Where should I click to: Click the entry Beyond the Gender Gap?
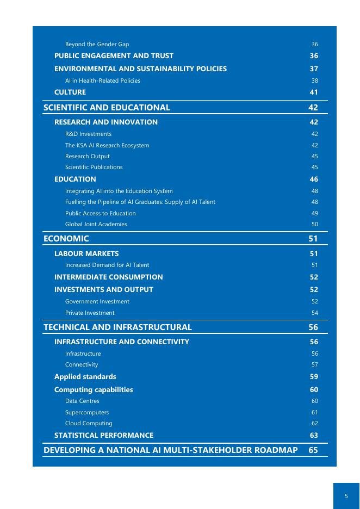(x=97, y=44)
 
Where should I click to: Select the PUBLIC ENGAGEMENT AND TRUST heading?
(x=114, y=56)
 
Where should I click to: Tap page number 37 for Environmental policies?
(x=314, y=69)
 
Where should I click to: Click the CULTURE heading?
(x=70, y=92)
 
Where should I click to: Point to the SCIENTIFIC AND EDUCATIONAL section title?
(x=107, y=108)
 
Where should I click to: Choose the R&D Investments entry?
(x=88, y=134)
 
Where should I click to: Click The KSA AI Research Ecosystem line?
(x=107, y=146)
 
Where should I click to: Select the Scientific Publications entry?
(x=94, y=167)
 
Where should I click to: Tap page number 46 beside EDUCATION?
(x=314, y=179)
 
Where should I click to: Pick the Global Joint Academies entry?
(x=96, y=225)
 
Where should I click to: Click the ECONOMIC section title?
(x=66, y=239)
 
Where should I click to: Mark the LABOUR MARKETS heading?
(x=86, y=254)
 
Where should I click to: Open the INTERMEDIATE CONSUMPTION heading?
(x=108, y=277)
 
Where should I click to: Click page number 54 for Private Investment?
(x=314, y=313)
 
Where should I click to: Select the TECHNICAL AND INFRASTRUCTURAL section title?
(x=117, y=327)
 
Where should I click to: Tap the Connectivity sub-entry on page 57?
(x=82, y=365)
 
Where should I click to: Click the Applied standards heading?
(x=85, y=377)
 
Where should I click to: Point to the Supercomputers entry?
(x=87, y=413)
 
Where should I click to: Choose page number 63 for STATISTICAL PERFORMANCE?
(x=314, y=436)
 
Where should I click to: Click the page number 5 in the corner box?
(x=346, y=496)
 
